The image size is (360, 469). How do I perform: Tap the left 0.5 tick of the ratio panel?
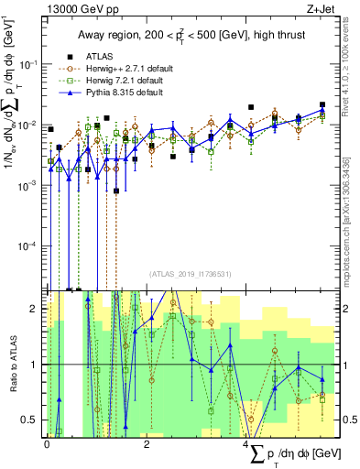click(x=31, y=420)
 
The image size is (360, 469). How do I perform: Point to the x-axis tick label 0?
click(x=47, y=444)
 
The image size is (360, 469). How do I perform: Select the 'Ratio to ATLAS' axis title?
click(x=13, y=365)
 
